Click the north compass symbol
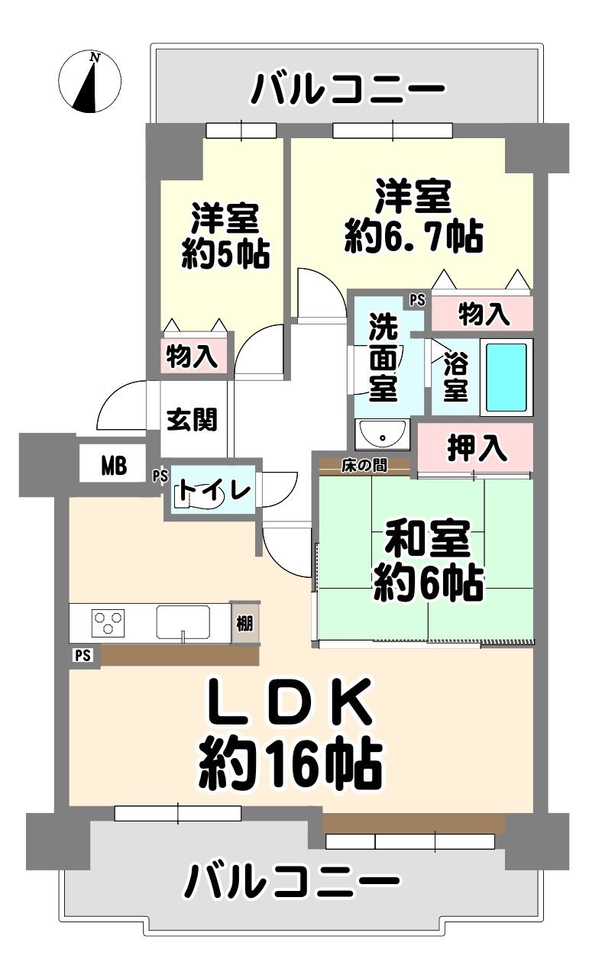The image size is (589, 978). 89,81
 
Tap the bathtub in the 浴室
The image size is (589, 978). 506,377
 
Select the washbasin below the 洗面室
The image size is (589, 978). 382,434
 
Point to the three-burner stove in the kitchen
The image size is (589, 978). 108,623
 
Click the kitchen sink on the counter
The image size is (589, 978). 183,623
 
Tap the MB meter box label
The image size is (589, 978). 114,466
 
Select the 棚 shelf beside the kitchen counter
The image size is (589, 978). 245,624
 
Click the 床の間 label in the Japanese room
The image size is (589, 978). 364,466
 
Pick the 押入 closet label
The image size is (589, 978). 476,448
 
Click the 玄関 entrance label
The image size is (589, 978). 192,419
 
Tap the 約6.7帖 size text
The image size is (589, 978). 413,237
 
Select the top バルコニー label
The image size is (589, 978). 348,89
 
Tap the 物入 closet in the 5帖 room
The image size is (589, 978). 192,356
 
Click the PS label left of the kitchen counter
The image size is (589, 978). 83,655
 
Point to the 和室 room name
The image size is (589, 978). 427,539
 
